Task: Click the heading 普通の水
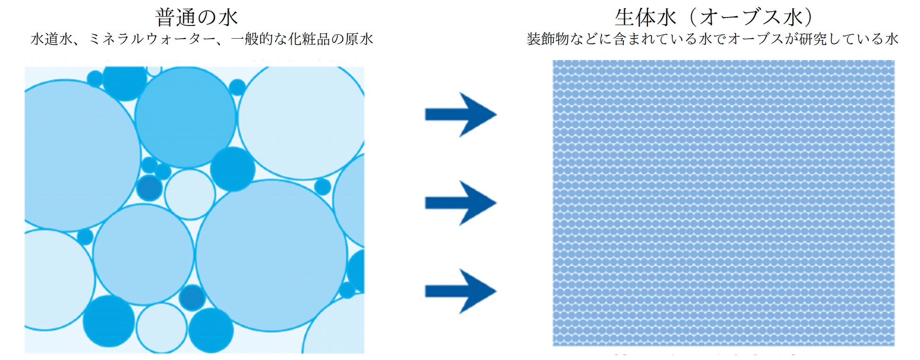pyautogui.click(x=196, y=17)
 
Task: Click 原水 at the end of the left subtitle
pyautogui.click(x=359, y=39)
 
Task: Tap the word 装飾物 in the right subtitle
pyautogui.click(x=548, y=39)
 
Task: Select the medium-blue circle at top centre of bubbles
pyautogui.click(x=185, y=117)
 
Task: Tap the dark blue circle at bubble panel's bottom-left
pyautogui.click(x=109, y=321)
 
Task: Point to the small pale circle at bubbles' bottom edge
pyautogui.click(x=161, y=328)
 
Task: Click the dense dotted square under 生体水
pyautogui.click(x=723, y=203)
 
